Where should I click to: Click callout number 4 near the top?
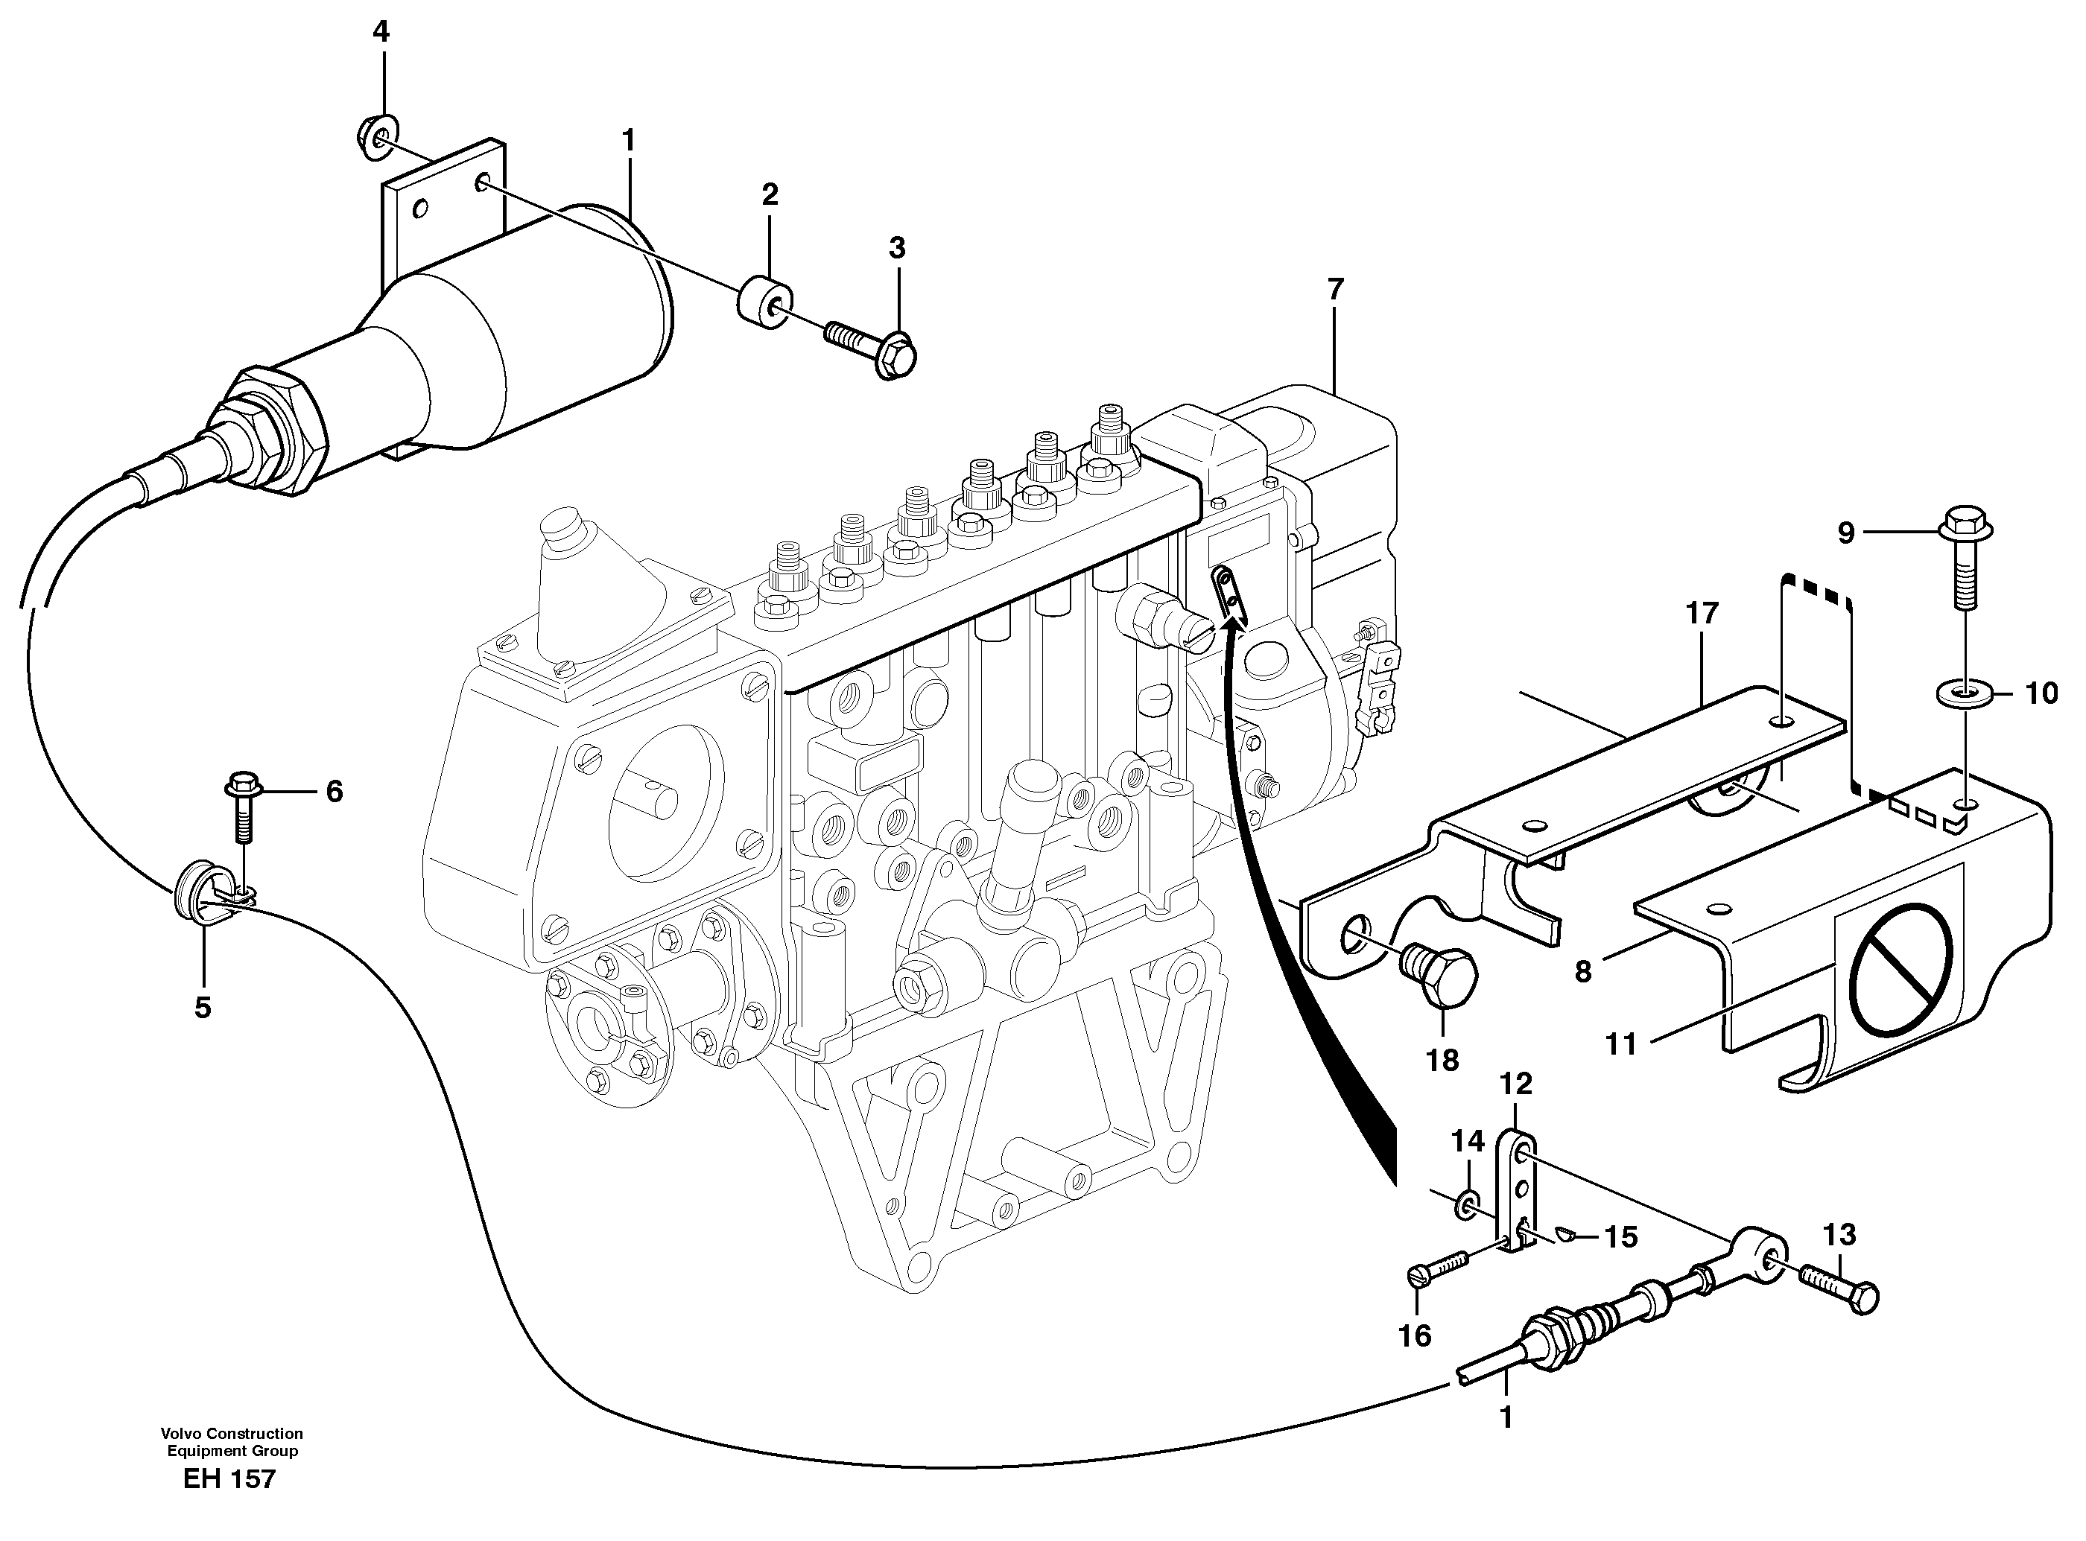coord(381,33)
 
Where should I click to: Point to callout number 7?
coord(1335,290)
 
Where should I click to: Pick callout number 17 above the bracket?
coord(1701,614)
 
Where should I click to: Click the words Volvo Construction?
coord(232,1434)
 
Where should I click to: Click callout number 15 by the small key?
coord(1621,1237)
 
